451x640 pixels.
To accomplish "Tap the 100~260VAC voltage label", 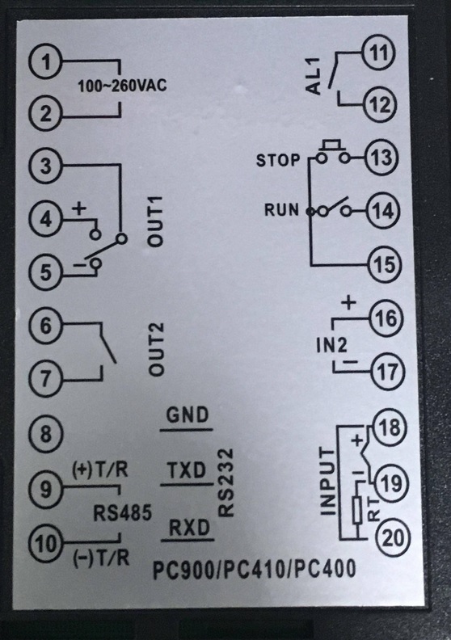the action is [x=122, y=86].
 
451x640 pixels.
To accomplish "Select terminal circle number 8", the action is [x=46, y=433].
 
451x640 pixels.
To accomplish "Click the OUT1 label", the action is [x=155, y=221].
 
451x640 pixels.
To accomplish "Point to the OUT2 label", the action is [x=155, y=349].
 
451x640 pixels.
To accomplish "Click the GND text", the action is [x=188, y=415].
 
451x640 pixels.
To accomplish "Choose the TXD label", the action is [x=187, y=470].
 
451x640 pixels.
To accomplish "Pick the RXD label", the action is [x=189, y=528].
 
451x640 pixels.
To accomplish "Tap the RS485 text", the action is [x=122, y=512].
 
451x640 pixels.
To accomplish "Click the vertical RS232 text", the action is [x=225, y=483].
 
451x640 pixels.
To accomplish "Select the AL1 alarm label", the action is [x=314, y=76].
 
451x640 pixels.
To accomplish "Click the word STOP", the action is [x=278, y=160].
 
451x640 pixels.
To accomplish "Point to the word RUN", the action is [x=281, y=210].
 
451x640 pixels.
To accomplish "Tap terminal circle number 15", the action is [x=385, y=264].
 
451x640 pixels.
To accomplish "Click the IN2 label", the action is [x=331, y=345].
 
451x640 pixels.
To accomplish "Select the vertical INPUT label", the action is [x=327, y=482].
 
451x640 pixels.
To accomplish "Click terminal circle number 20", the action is [x=392, y=538].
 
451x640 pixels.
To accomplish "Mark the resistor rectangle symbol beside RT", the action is [x=357, y=510].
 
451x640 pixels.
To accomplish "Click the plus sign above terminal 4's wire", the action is [x=79, y=209].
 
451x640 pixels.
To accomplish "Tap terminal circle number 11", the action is [x=379, y=53].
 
